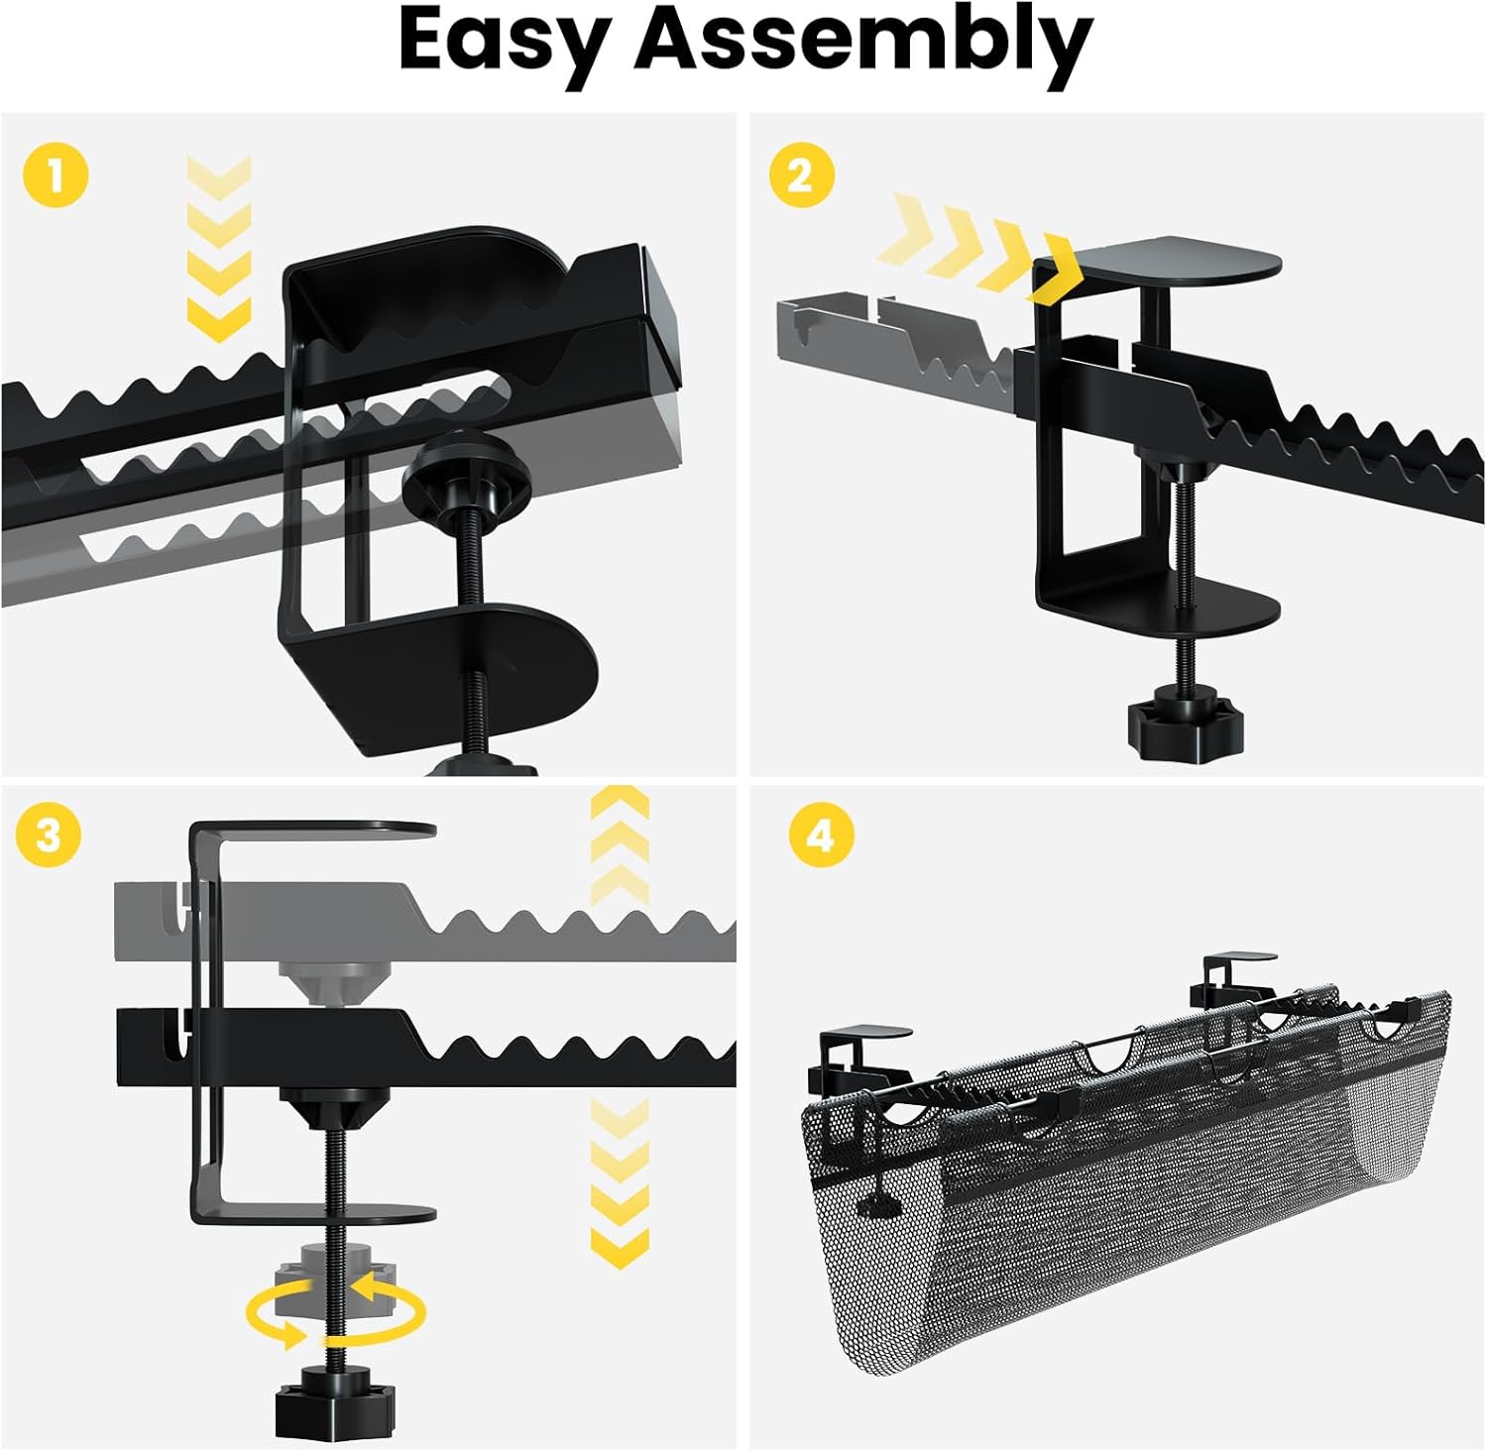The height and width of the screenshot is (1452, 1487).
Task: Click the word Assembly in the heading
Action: point(862,42)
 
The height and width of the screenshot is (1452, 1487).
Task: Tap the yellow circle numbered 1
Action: point(56,176)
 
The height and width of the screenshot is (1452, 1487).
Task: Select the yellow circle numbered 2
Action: point(801,176)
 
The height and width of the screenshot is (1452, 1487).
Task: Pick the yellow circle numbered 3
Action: point(49,835)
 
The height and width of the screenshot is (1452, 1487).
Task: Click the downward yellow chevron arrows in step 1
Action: point(218,248)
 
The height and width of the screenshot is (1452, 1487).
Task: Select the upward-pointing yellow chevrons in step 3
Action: point(619,847)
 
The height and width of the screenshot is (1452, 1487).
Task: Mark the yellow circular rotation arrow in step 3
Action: point(336,1314)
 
